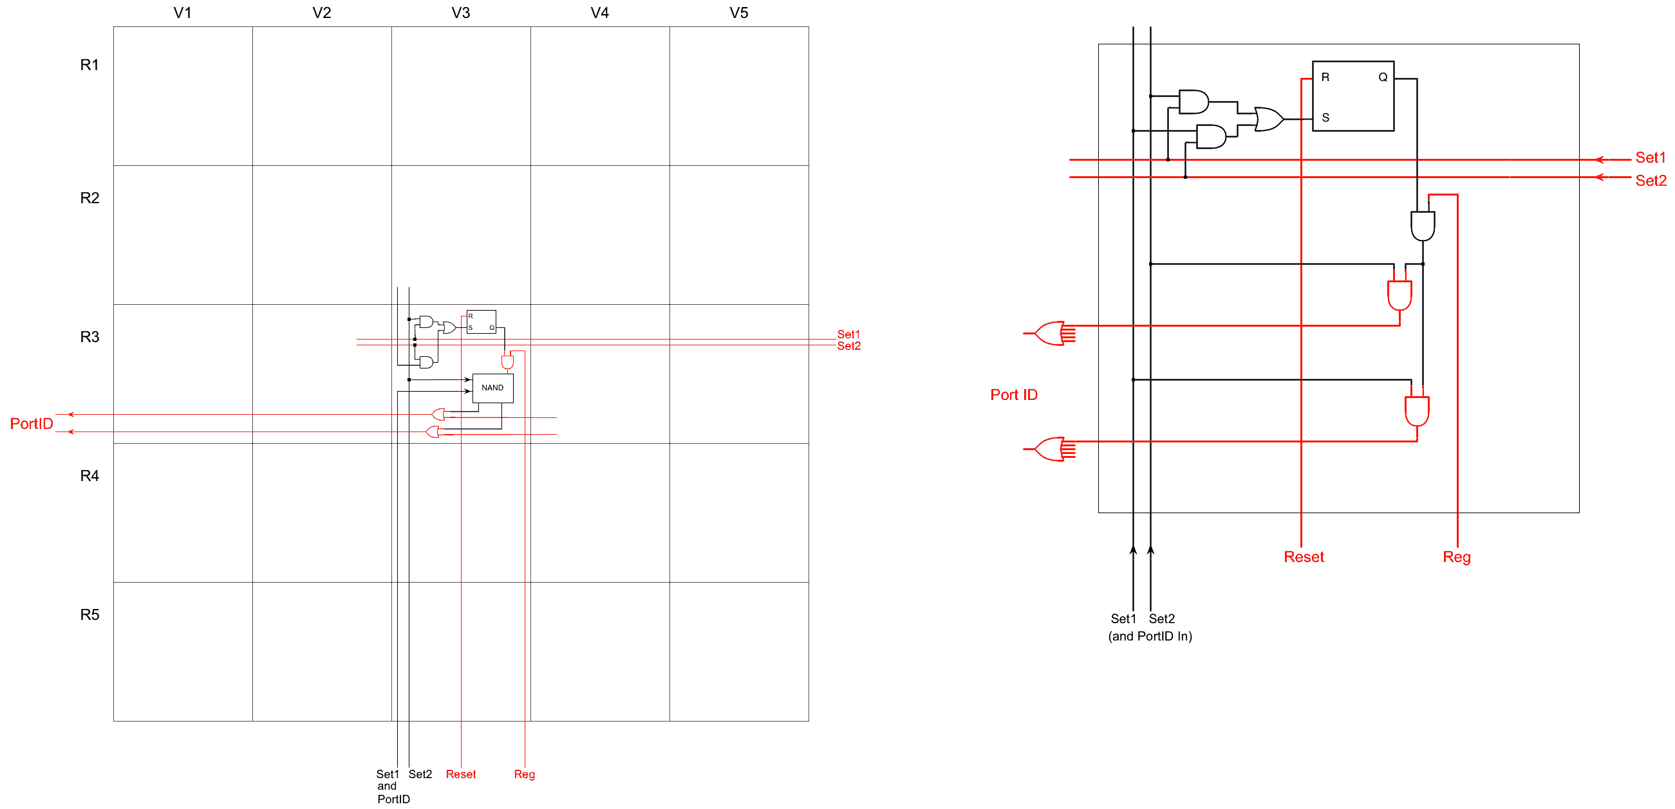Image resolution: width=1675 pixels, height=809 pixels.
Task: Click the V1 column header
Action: point(182,13)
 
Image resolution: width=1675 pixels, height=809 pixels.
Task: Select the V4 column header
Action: point(599,13)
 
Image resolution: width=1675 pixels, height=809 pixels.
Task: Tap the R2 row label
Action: point(89,197)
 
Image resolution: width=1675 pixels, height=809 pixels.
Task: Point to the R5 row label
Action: point(89,614)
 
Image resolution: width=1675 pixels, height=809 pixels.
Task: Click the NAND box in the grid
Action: point(492,388)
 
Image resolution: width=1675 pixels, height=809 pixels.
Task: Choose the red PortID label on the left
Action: point(31,424)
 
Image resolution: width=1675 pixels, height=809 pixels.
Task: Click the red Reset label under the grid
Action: point(460,774)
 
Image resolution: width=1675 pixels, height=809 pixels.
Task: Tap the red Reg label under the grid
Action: point(524,774)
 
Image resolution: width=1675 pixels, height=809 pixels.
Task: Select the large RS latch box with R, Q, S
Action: point(1352,96)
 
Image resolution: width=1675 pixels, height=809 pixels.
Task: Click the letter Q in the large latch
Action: point(1382,77)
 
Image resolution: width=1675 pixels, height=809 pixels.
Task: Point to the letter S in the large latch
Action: point(1325,118)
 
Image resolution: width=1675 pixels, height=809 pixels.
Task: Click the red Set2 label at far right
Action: point(1651,181)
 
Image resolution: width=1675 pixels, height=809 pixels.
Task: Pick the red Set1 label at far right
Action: point(1651,158)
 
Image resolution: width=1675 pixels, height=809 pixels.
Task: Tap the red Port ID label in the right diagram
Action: point(1014,394)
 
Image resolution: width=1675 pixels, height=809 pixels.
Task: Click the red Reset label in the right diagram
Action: point(1303,557)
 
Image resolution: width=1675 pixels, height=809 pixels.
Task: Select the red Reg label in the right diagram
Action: point(1457,557)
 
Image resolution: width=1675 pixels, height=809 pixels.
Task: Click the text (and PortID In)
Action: point(1150,636)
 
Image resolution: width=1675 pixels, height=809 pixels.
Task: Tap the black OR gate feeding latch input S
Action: point(1269,120)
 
